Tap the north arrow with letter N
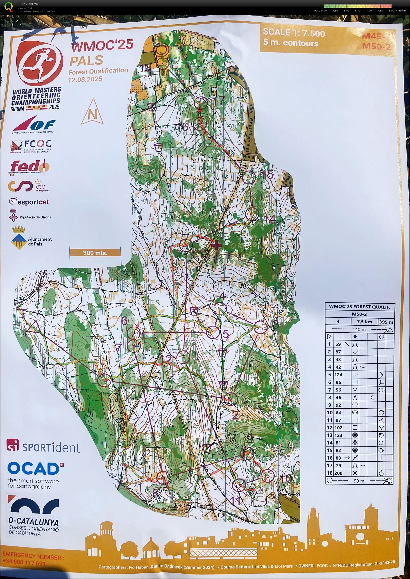[92, 112]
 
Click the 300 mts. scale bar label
[95, 253]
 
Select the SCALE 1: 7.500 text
[294, 33]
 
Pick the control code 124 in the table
[338, 374]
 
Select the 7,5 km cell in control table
[364, 322]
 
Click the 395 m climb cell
[386, 322]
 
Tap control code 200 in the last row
[338, 473]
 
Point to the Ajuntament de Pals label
[40, 241]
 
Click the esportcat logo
[29, 202]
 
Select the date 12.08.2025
[85, 79]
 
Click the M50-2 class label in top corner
[376, 46]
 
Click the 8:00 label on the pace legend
[391, 11]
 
